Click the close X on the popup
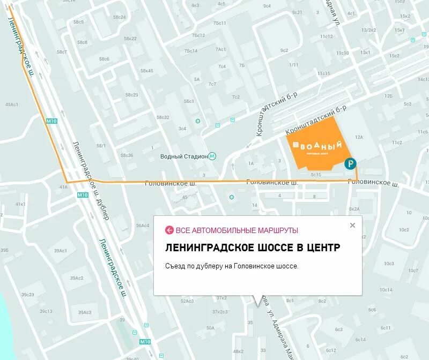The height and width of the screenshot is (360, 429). point(352,225)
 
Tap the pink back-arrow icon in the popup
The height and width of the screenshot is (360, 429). point(169,230)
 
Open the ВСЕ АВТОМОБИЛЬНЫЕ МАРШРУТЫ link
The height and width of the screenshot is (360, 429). point(236,230)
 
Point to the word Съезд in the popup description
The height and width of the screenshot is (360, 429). point(176,266)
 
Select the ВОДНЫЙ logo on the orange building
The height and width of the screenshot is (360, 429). point(316,145)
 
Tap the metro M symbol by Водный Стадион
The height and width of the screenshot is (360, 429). point(213,156)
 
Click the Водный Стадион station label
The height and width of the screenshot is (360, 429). point(184,156)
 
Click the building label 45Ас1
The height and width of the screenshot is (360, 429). point(12,104)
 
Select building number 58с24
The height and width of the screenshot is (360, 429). point(119,17)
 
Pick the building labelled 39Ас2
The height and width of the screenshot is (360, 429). point(76,278)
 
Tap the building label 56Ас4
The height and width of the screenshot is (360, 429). point(143,226)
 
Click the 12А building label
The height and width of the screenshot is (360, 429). point(359,138)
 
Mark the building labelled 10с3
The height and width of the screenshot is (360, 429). point(389,264)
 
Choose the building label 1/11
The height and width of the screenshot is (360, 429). point(294,65)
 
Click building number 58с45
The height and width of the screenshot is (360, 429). point(147,71)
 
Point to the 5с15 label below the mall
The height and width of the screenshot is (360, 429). point(316,174)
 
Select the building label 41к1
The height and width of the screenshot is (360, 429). point(20,204)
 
